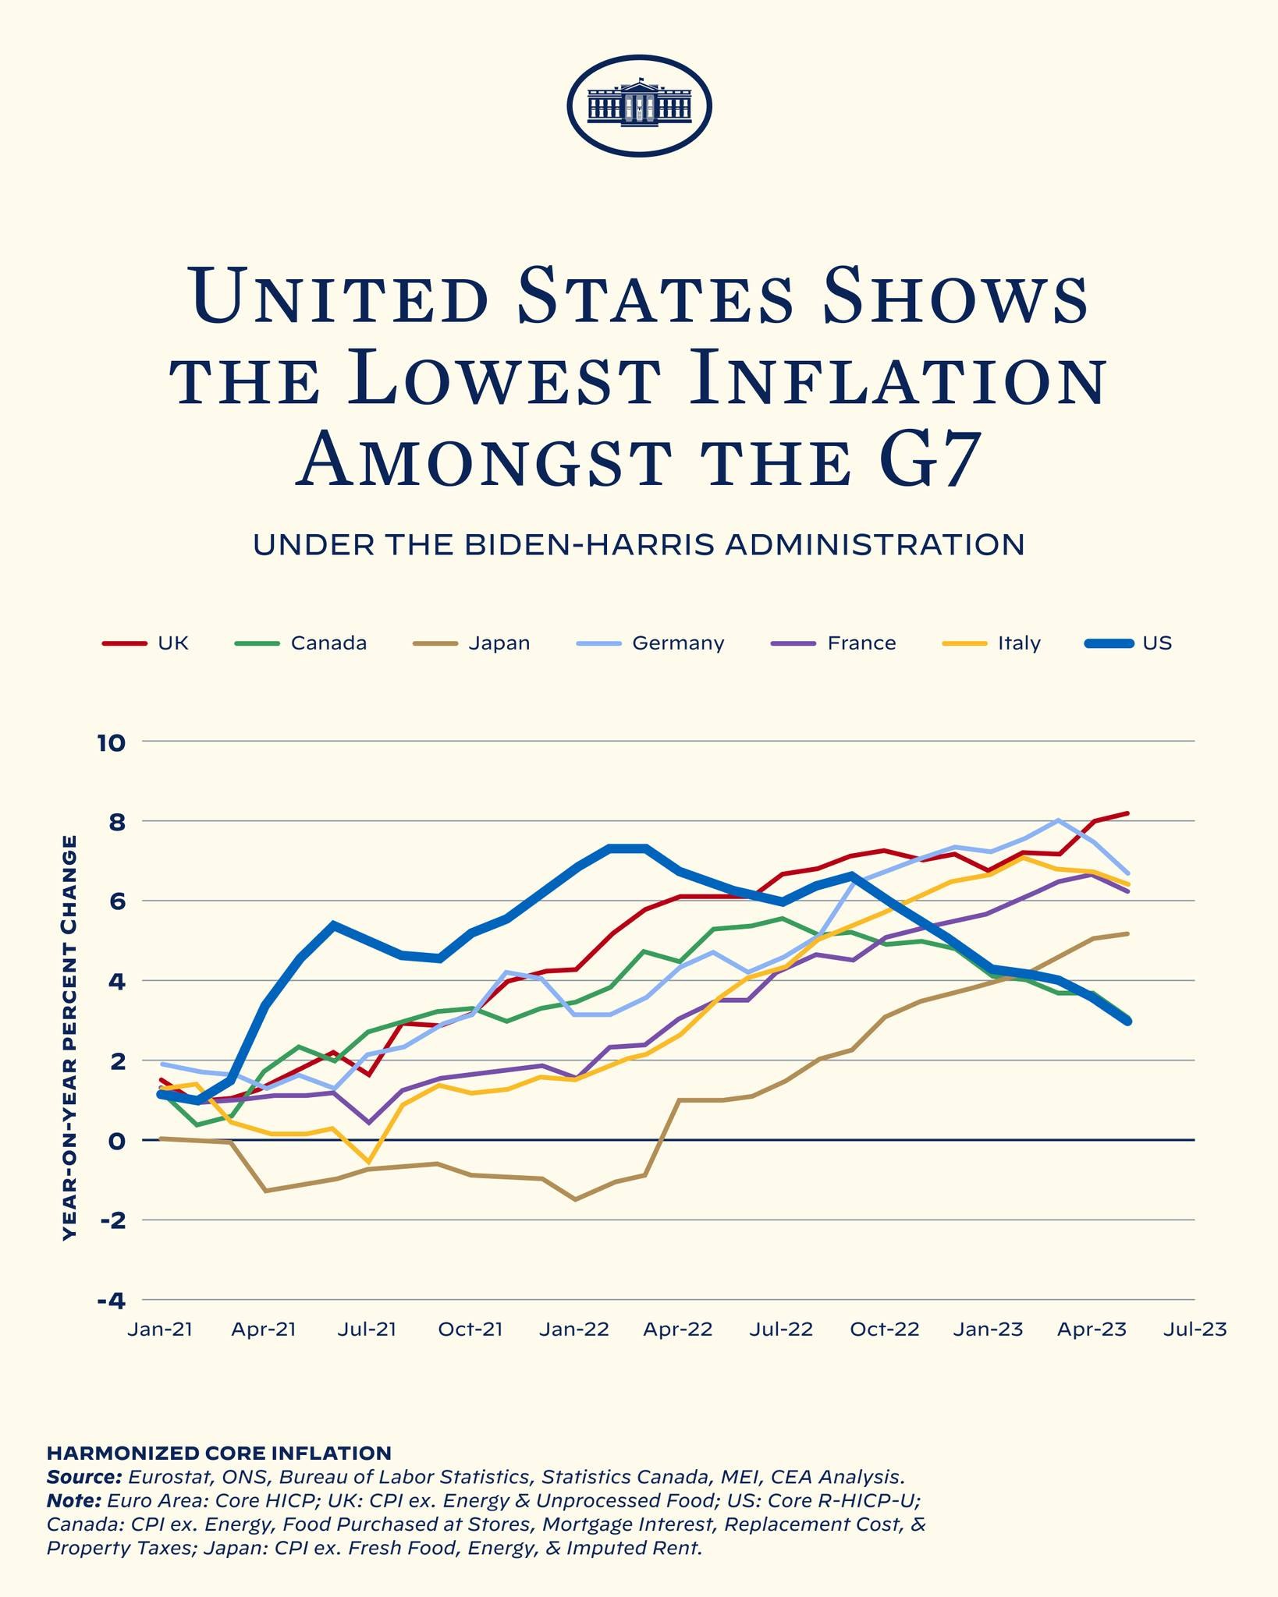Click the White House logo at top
[x=639, y=105]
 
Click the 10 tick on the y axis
[x=110, y=743]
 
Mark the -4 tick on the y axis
[x=110, y=1301]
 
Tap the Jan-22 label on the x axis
[x=574, y=1330]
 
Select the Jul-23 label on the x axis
[x=1194, y=1330]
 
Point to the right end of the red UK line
[x=1127, y=813]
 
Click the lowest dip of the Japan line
[x=575, y=1199]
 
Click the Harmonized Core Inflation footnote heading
[x=218, y=1453]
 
